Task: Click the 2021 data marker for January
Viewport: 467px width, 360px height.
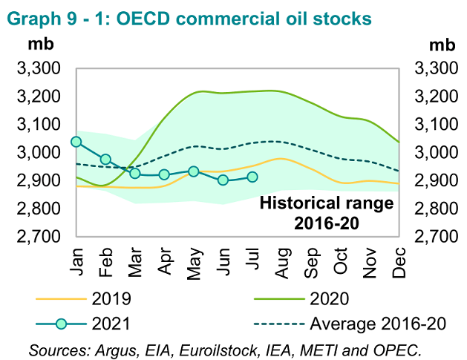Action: (76, 142)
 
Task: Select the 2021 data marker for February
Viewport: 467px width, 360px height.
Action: (105, 160)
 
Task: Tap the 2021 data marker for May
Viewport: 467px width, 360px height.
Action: (194, 171)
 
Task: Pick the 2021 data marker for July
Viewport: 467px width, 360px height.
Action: (252, 177)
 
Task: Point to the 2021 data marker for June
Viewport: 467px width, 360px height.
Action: (223, 180)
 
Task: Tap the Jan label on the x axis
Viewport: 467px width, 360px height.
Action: (76, 262)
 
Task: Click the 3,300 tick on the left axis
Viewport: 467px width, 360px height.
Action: (38, 68)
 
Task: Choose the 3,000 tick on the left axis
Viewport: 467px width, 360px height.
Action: (38, 153)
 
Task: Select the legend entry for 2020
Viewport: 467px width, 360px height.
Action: (335, 299)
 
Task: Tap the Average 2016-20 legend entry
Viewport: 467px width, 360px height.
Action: (364, 324)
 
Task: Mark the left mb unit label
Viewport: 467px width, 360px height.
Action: (39, 42)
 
